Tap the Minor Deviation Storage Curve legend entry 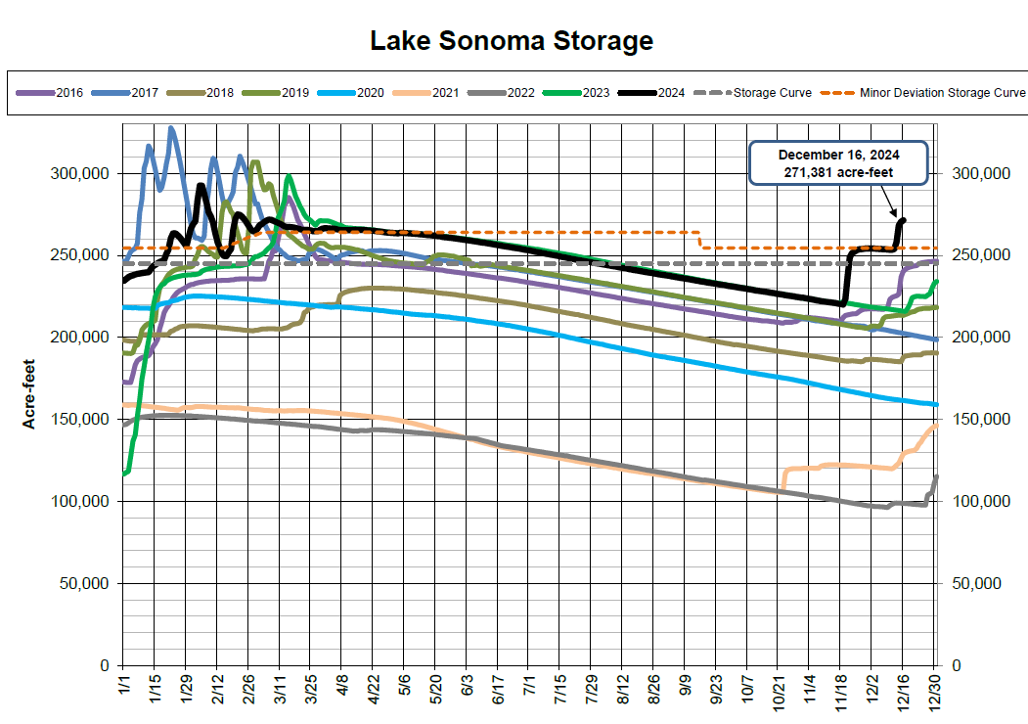click(x=943, y=93)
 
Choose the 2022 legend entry click(x=521, y=93)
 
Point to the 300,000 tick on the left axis click(x=80, y=173)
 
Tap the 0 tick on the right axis click(x=957, y=665)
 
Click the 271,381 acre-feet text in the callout click(x=838, y=172)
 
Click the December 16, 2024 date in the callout click(x=838, y=155)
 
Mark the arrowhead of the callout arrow click(x=897, y=215)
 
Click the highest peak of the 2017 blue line click(x=171, y=127)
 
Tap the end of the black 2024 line click(x=903, y=220)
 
